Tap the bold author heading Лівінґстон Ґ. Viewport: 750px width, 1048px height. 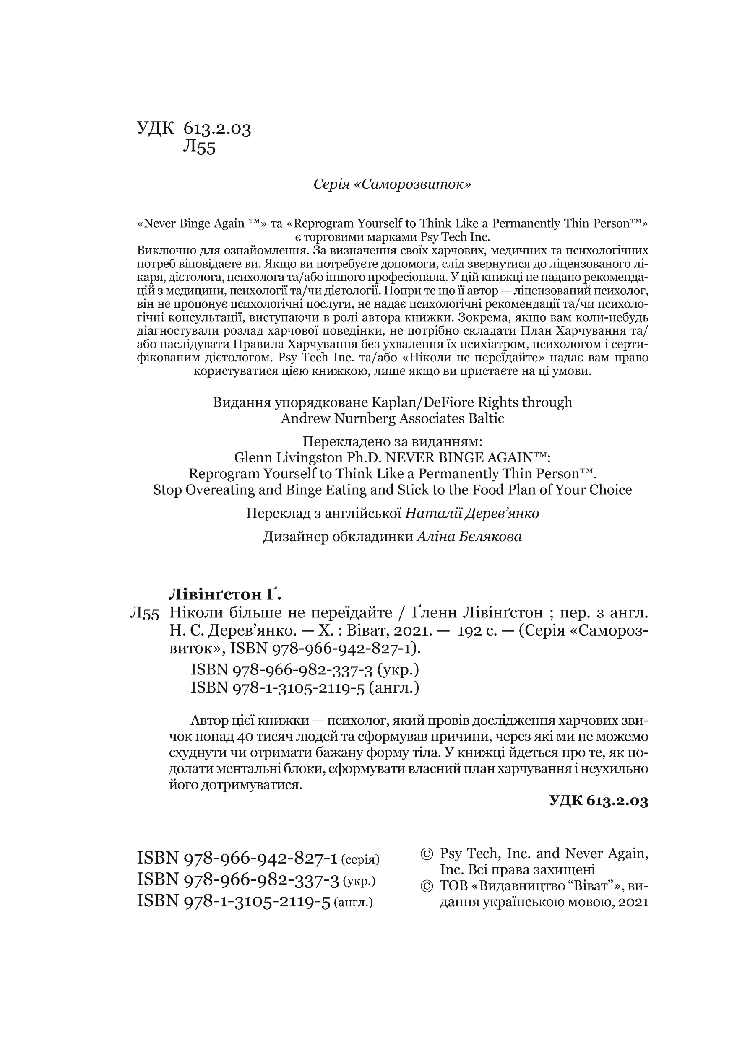click(224, 594)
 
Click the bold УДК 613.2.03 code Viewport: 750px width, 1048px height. click(599, 801)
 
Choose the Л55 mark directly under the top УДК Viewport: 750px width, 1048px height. click(199, 148)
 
